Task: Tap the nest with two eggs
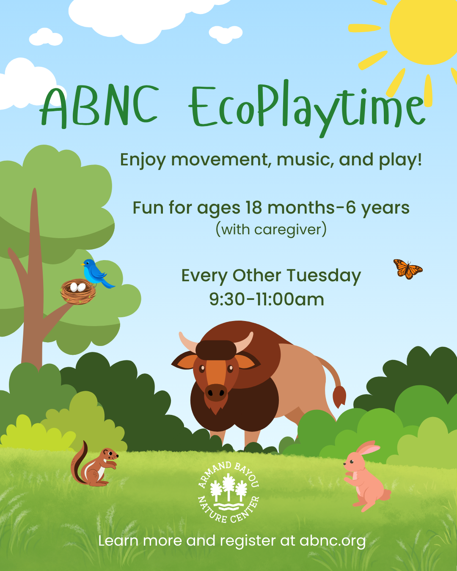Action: click(x=78, y=291)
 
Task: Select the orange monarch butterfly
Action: click(x=407, y=269)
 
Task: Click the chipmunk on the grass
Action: click(x=95, y=466)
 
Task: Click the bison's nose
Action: click(x=216, y=392)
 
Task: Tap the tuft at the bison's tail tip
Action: click(x=339, y=396)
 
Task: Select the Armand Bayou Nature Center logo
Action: click(x=228, y=492)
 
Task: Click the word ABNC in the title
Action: click(x=99, y=107)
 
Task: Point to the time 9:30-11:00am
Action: click(x=267, y=299)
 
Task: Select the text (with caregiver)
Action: click(x=271, y=230)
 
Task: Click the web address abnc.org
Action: click(x=332, y=541)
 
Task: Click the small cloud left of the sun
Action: click(x=226, y=34)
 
